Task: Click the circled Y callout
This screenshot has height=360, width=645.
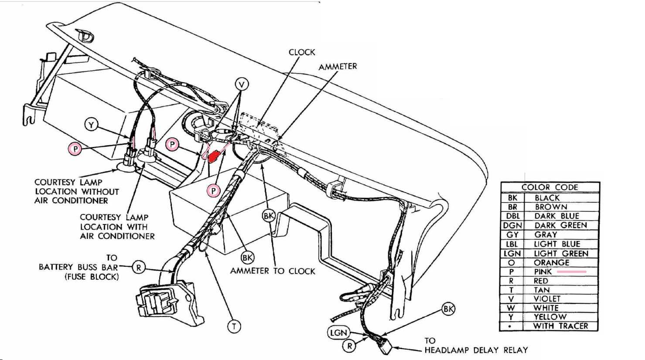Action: (x=91, y=125)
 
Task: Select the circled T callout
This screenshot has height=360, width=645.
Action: (x=234, y=326)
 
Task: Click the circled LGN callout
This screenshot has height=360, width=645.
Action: (x=338, y=333)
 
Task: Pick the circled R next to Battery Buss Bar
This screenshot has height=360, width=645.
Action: (x=139, y=267)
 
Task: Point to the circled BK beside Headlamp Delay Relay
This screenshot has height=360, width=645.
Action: (x=448, y=309)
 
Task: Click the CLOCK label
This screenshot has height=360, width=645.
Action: (x=302, y=52)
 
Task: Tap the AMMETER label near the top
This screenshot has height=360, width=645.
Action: (x=338, y=67)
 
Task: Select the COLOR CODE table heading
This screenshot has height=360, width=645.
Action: (x=549, y=187)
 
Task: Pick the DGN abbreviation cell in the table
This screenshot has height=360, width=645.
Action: (x=512, y=225)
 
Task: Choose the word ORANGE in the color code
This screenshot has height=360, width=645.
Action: (x=551, y=262)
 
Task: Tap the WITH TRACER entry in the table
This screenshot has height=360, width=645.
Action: (x=560, y=326)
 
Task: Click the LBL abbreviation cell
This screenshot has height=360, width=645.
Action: (x=512, y=244)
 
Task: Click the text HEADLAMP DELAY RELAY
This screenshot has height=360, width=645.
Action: (x=476, y=350)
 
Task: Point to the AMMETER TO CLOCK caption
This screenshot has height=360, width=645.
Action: (x=273, y=271)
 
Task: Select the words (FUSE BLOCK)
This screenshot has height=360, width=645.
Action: (x=92, y=277)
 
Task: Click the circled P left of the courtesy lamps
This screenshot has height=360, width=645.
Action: (x=76, y=149)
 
